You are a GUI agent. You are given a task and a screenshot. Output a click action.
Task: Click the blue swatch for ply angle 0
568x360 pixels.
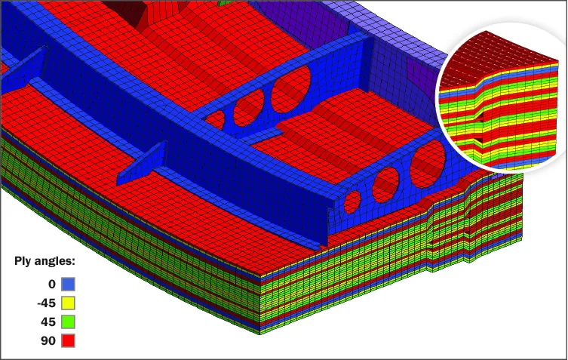[68, 284]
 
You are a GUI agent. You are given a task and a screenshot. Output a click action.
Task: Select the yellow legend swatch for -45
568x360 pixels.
[68, 303]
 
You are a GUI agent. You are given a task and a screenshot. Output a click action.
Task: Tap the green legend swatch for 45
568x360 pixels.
[68, 322]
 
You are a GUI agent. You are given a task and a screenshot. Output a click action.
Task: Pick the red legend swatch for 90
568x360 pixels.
[68, 341]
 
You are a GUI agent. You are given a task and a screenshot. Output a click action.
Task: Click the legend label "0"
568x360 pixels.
[52, 285]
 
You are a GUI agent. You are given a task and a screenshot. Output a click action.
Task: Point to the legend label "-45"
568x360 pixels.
[46, 303]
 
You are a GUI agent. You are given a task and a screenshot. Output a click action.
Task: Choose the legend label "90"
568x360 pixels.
[48, 341]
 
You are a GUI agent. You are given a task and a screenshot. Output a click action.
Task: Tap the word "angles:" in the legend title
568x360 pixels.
[55, 261]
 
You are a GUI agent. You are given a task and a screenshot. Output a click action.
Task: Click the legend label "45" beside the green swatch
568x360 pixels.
[48, 322]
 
